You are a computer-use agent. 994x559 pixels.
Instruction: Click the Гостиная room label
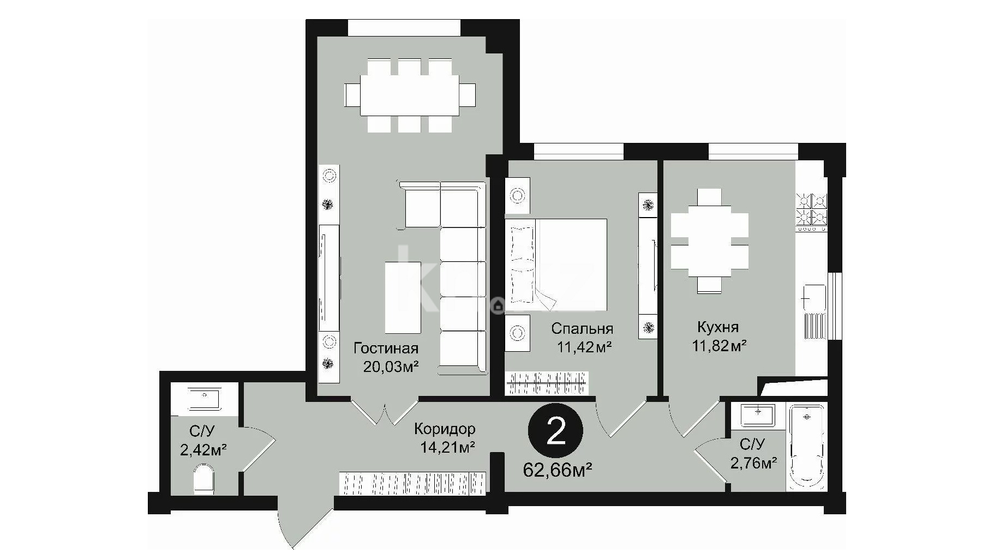[x=386, y=348]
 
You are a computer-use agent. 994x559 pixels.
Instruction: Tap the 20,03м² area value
[x=391, y=366]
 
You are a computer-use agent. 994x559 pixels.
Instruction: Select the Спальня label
[x=582, y=329]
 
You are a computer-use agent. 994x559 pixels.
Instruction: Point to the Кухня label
[x=718, y=327]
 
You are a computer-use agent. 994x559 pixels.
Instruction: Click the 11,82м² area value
[x=719, y=345]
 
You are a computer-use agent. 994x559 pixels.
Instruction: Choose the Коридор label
[x=444, y=429]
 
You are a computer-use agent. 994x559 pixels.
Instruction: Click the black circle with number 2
[x=555, y=431]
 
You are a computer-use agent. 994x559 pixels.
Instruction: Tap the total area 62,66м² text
[x=558, y=470]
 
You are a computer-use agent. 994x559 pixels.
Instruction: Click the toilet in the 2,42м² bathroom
[x=204, y=479]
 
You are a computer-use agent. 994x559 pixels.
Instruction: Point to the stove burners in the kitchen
[x=812, y=210]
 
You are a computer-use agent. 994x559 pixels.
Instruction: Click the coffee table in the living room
[x=403, y=297]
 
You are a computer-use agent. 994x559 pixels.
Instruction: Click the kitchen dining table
[x=709, y=241]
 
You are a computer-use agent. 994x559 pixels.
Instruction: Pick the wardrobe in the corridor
[x=412, y=483]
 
